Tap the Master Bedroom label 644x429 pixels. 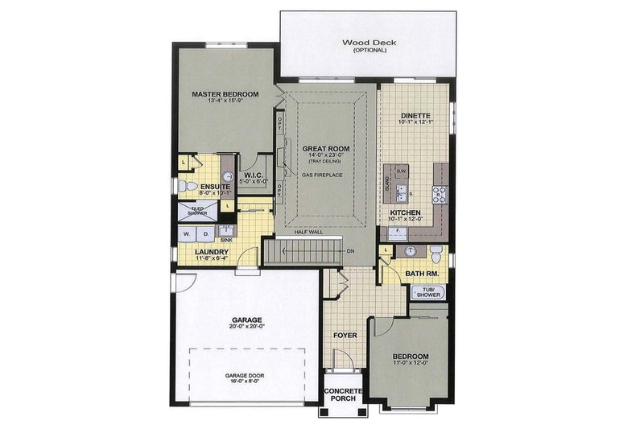click(x=225, y=95)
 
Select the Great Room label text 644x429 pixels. click(x=324, y=149)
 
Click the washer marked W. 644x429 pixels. click(x=187, y=234)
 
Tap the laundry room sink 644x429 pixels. click(x=226, y=232)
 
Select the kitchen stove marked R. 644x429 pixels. click(x=440, y=193)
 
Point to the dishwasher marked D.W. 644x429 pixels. click(x=400, y=171)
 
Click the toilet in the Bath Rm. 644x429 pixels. click(x=434, y=252)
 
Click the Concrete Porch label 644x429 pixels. click(x=344, y=396)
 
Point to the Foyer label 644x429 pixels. click(x=345, y=334)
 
